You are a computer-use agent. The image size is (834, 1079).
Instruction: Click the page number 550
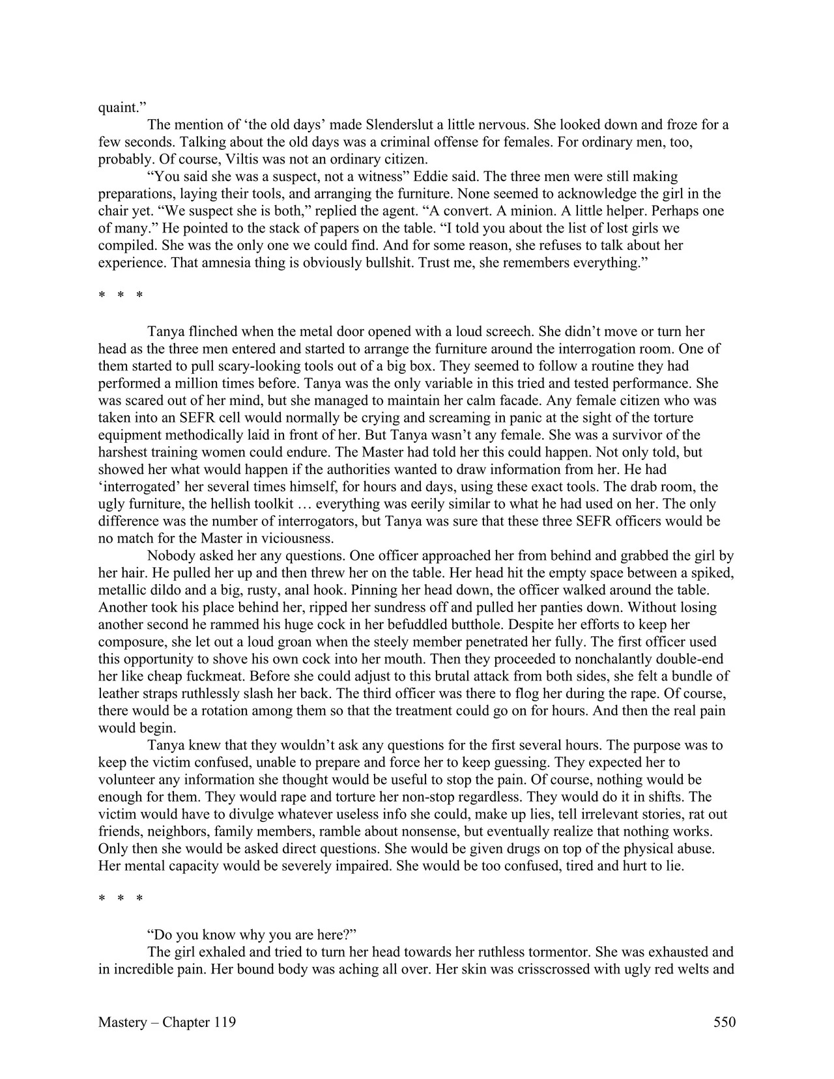coord(724,1022)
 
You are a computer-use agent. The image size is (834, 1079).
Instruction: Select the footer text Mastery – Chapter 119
coord(167,1022)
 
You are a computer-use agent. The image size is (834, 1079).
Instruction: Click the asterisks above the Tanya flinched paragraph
coord(121,296)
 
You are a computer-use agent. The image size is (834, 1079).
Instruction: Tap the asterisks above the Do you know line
coord(121,899)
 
